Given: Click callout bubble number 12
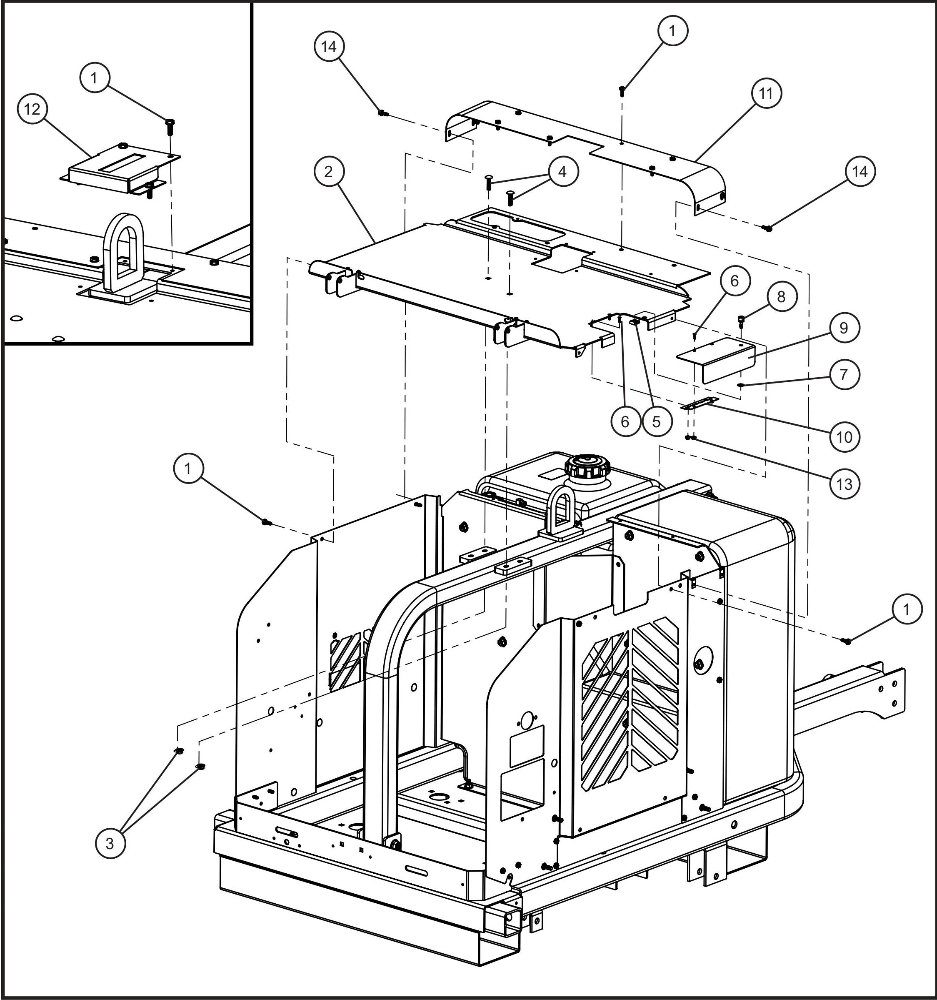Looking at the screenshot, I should click(x=32, y=109).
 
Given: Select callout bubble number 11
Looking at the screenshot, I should click(x=766, y=93).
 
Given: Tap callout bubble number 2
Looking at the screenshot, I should click(x=328, y=172).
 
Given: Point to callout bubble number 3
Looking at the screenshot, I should click(x=110, y=843).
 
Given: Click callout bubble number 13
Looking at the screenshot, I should click(x=845, y=484).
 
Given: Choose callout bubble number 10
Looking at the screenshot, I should click(x=845, y=436).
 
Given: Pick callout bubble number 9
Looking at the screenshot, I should click(x=844, y=328).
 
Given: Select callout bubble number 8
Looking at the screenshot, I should click(x=781, y=297).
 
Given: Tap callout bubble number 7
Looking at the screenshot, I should click(x=844, y=374).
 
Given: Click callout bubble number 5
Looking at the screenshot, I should click(x=657, y=421).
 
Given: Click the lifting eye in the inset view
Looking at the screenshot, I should click(x=123, y=254).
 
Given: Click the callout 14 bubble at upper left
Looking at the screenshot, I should click(x=329, y=47).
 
